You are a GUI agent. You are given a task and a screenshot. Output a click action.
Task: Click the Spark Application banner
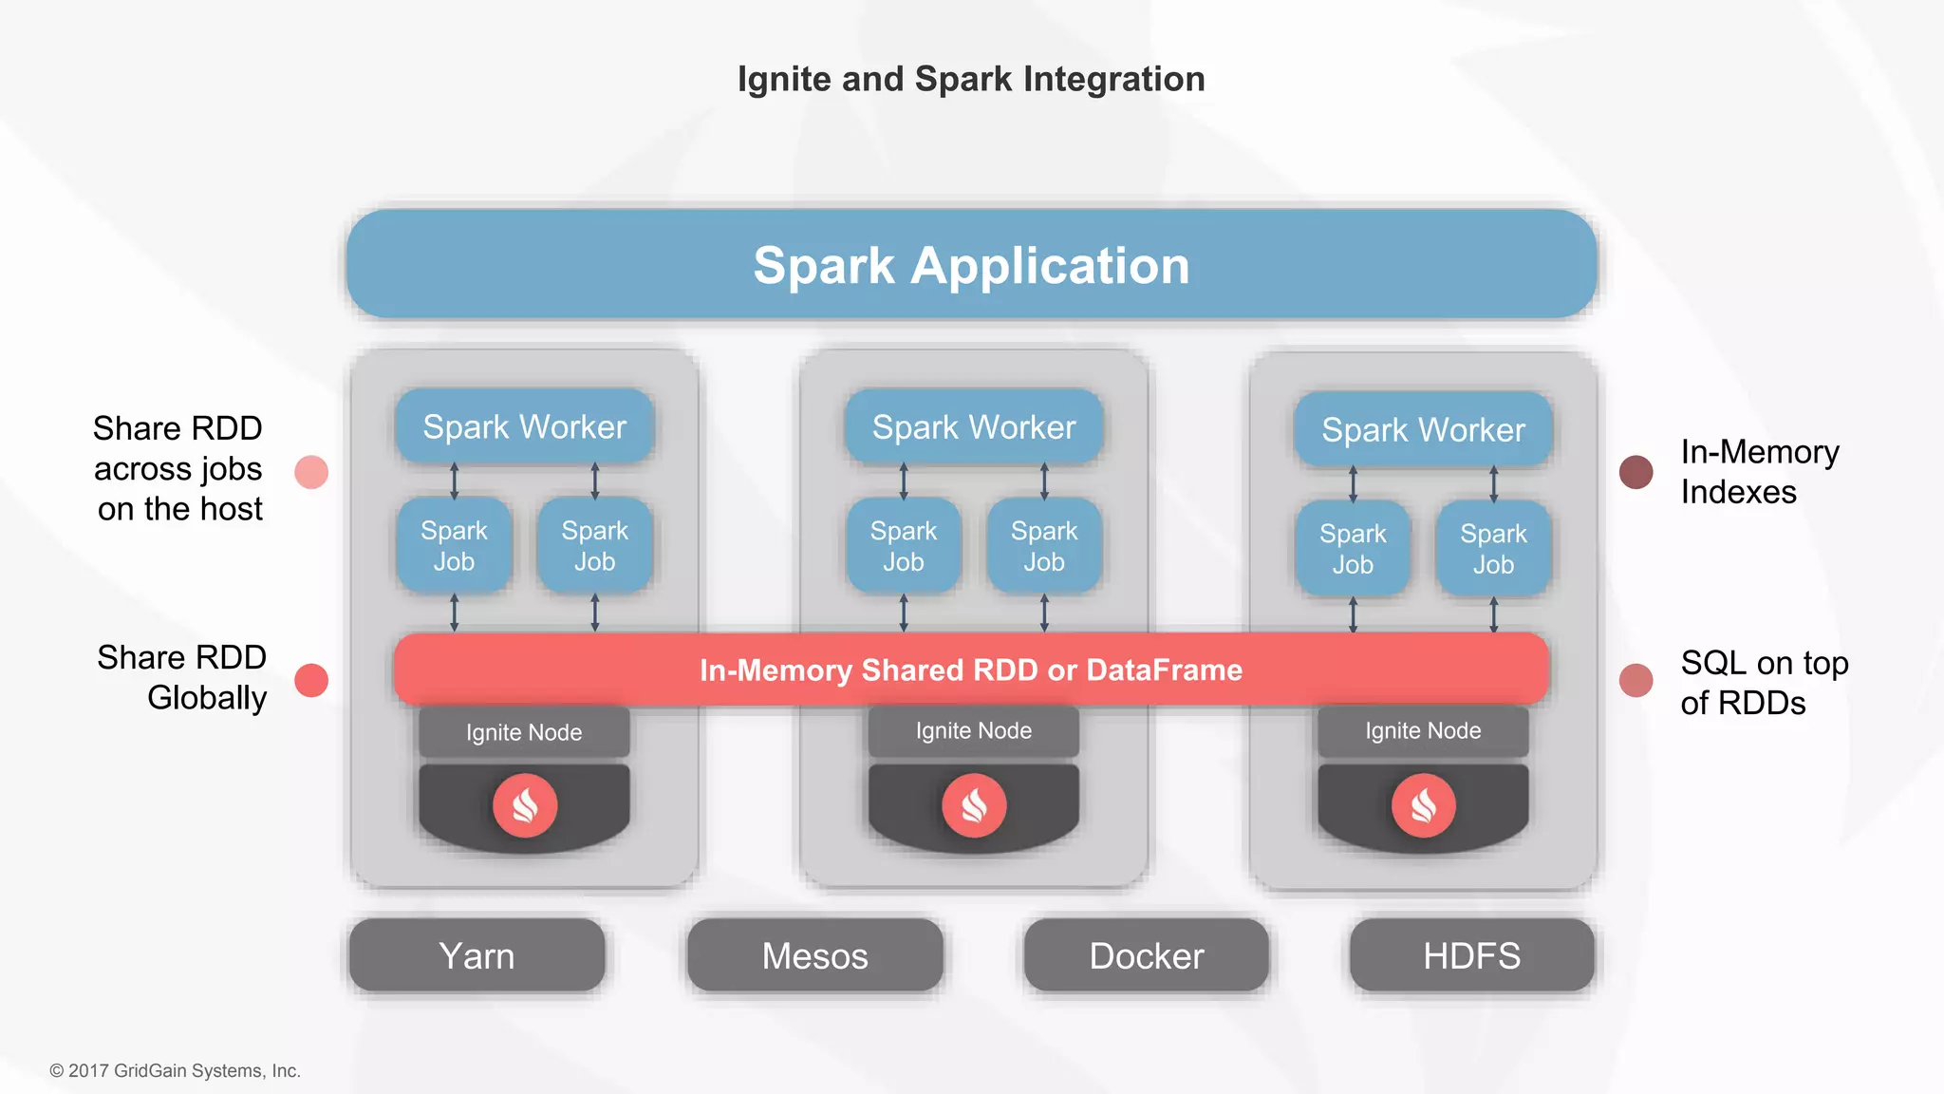[x=971, y=265]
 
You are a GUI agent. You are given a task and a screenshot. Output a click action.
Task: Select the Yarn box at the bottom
[x=477, y=955]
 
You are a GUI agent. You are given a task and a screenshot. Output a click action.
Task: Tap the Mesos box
[x=814, y=955]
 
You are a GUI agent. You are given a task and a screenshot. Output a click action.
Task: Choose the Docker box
[x=1146, y=955]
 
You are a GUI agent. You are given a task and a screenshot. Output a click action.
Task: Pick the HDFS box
[x=1471, y=955]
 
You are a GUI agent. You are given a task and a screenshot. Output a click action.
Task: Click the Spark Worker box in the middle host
[x=974, y=427]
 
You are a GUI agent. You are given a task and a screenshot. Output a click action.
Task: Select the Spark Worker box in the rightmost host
[x=1423, y=430]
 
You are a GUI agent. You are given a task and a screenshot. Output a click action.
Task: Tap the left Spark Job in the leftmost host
[x=454, y=546]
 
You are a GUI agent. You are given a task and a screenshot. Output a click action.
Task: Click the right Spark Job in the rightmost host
[x=1493, y=549]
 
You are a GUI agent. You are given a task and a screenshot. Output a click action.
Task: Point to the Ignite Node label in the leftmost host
[x=524, y=732]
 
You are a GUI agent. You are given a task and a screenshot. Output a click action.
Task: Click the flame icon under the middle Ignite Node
[x=974, y=805]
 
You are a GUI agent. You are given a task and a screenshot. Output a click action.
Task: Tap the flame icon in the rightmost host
[x=1423, y=805]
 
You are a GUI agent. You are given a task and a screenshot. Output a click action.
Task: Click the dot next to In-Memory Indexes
[x=1636, y=472]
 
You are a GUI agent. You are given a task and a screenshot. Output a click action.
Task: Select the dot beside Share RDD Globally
[x=311, y=680]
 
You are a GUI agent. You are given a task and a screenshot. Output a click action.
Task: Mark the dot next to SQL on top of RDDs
[x=1636, y=680]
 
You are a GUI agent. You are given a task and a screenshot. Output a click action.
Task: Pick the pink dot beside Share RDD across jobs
[x=311, y=472]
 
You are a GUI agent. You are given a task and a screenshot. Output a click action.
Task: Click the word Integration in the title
[x=1113, y=79]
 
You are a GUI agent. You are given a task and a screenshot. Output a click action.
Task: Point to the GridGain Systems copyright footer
[x=176, y=1070]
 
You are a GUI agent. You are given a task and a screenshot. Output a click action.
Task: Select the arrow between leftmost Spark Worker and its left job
[x=454, y=481]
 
